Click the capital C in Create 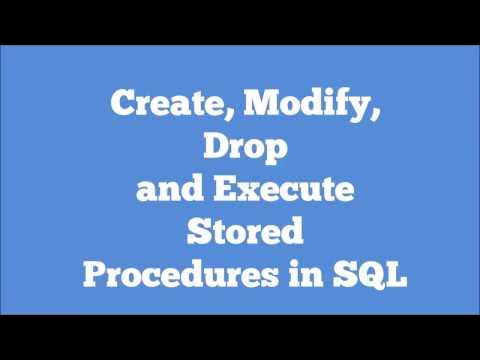pyautogui.click(x=119, y=103)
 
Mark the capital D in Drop pyautogui.click(x=213, y=147)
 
